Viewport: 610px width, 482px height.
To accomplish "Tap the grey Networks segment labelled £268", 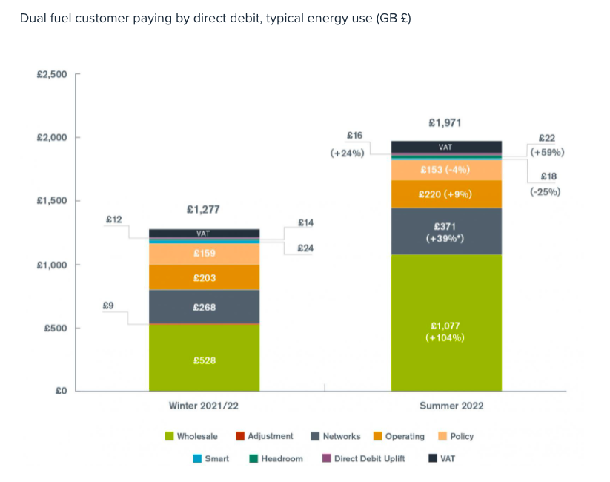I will click(x=204, y=306).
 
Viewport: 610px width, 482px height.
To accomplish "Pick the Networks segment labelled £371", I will click(x=445, y=231).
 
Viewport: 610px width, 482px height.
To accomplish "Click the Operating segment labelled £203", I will click(x=204, y=277).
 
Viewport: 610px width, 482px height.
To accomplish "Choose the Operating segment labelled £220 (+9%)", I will click(x=445, y=194).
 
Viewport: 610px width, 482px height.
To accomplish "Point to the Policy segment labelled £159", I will click(x=204, y=254).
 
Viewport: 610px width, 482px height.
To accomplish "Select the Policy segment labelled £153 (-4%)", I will click(x=445, y=170).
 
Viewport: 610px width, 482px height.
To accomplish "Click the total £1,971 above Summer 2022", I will click(x=445, y=122).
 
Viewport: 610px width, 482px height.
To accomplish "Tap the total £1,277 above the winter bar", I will click(x=203, y=210).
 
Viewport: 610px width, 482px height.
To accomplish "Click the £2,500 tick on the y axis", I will click(x=51, y=74).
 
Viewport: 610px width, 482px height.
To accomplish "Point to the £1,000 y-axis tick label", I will click(x=51, y=265).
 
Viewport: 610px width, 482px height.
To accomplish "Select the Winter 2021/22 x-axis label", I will click(x=204, y=406).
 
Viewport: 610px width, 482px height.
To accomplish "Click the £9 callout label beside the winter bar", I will click(x=108, y=305).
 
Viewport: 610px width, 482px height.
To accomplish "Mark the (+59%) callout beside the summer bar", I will click(x=547, y=152).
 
